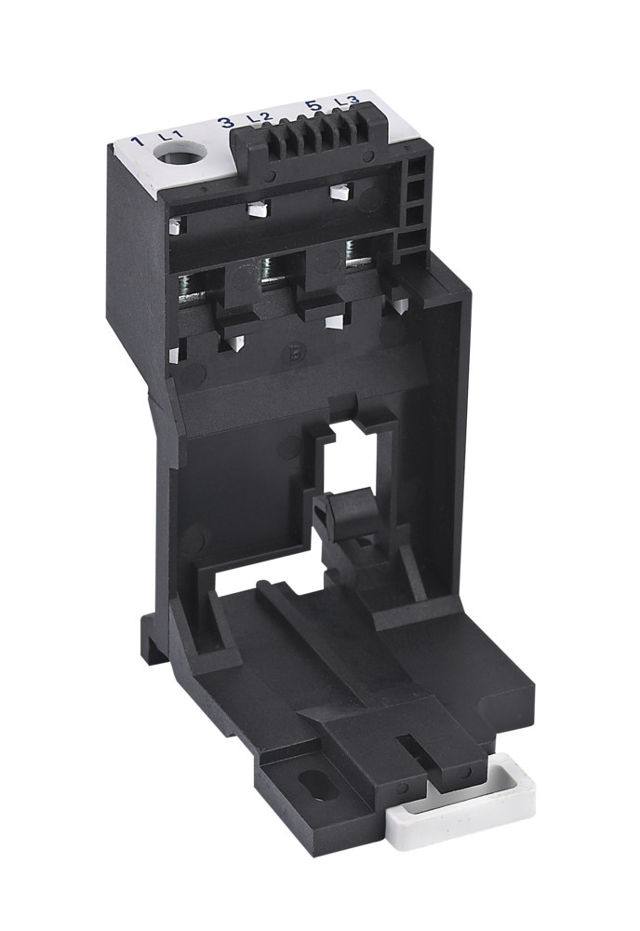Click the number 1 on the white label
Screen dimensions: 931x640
(x=137, y=142)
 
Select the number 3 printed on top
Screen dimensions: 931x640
(x=225, y=123)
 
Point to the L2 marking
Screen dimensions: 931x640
(x=258, y=118)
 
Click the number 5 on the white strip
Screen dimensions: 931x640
(x=313, y=105)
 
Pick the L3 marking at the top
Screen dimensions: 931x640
(x=345, y=101)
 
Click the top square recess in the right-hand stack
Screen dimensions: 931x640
(x=414, y=168)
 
